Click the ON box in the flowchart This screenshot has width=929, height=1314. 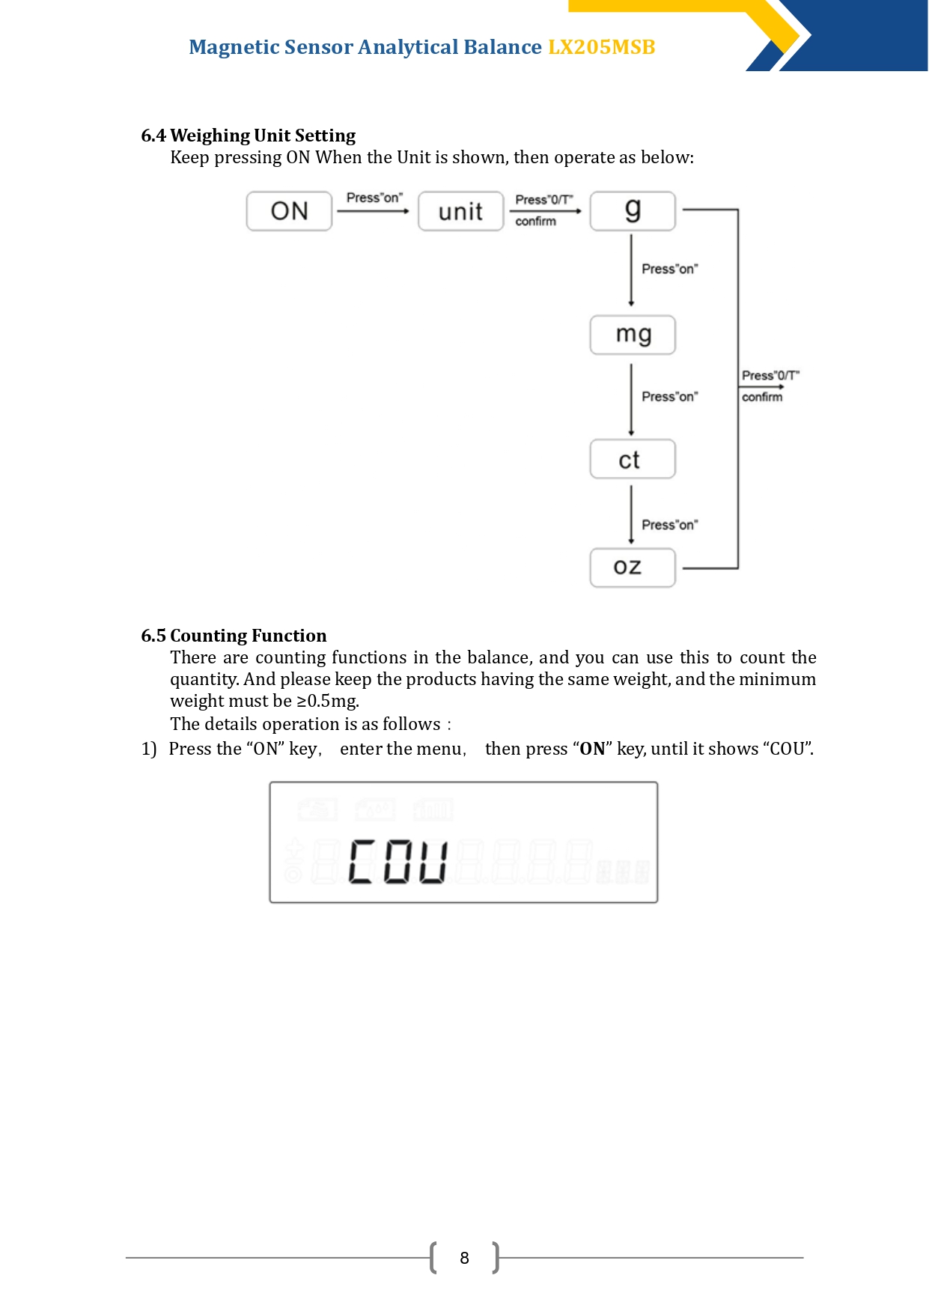coord(289,211)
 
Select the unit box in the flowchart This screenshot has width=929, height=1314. coord(461,211)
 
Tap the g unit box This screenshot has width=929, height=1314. coord(633,211)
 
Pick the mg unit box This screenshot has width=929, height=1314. coord(633,335)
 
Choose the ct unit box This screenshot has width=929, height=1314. coord(633,459)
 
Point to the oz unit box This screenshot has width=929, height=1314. coord(633,568)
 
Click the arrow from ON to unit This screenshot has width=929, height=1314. coord(373,211)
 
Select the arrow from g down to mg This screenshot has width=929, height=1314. coord(631,270)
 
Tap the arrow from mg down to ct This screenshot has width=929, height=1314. coord(631,400)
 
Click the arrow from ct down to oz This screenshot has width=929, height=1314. coord(631,515)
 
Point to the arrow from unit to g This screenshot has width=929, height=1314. coord(546,211)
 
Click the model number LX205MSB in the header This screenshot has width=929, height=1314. coord(602,47)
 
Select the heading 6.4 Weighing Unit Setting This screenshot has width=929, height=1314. coord(249,136)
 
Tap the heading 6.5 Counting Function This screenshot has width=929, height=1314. coord(234,636)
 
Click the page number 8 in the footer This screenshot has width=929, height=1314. coord(464,1258)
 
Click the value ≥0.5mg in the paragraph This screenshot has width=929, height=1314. coord(328,701)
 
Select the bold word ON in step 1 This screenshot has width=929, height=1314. coord(592,749)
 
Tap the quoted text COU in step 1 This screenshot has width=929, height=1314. coord(788,749)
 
